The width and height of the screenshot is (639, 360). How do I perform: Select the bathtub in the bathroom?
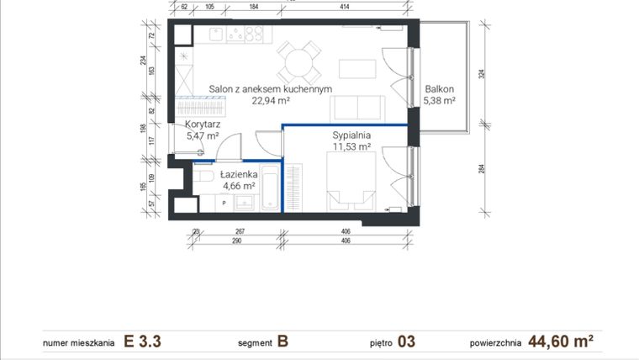tap(269, 188)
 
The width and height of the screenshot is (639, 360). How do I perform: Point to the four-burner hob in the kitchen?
tap(246, 34)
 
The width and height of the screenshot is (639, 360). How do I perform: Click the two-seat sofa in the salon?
tap(357, 108)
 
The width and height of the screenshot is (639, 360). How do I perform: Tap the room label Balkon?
tap(439, 88)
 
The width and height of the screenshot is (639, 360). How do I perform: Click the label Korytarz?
tap(202, 124)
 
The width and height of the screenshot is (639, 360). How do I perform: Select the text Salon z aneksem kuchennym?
tap(271, 88)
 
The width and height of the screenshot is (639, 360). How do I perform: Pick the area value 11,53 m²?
tap(351, 146)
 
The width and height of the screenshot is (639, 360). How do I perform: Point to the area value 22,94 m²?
tap(271, 100)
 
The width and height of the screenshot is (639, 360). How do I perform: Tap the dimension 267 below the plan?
tap(239, 231)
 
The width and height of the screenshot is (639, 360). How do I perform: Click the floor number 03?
tap(406, 341)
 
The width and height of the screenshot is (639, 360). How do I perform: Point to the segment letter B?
tap(283, 341)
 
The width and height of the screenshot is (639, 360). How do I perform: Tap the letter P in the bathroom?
tap(224, 203)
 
